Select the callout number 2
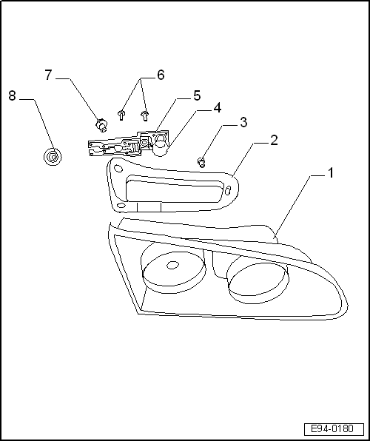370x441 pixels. point(273,140)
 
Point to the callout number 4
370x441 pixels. point(217,108)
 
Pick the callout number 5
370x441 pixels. point(196,95)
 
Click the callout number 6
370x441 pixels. point(160,75)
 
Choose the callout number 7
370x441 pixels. point(49,75)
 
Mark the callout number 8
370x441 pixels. point(13,95)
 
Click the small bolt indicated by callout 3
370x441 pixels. point(201,161)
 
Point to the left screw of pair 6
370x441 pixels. point(122,115)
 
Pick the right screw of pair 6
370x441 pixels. point(145,115)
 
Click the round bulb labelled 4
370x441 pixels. point(161,146)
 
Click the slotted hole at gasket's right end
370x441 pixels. point(229,191)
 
